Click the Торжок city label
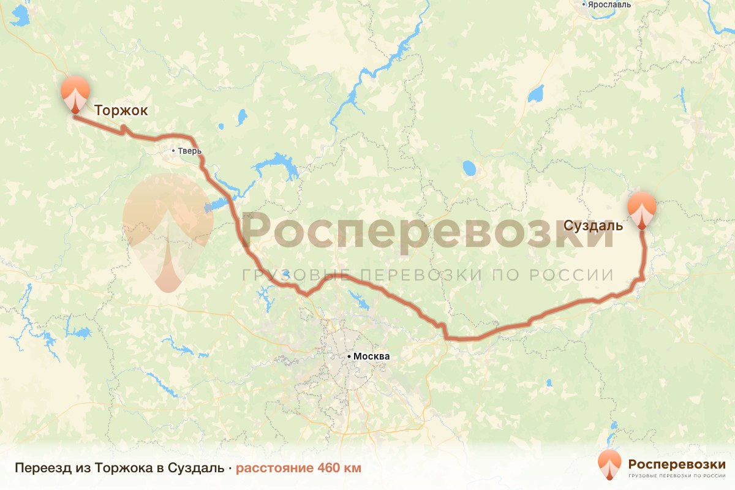[x=121, y=110]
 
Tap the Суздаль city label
[x=594, y=225]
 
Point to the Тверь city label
[x=189, y=151]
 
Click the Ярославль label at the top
[x=610, y=4]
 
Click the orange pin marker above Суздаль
[x=641, y=209]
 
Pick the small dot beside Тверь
[x=173, y=151]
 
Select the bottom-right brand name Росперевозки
[x=677, y=463]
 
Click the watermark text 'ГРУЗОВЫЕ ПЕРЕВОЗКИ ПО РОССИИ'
[x=428, y=274]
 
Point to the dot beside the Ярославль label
[x=585, y=4]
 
